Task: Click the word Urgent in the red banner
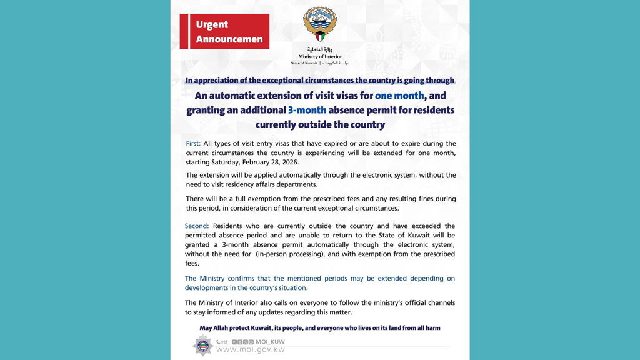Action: [x=212, y=25]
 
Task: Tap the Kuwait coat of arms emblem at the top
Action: [x=320, y=24]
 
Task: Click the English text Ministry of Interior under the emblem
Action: [x=320, y=56]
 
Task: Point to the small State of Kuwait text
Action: [x=304, y=63]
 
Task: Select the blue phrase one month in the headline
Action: [x=399, y=96]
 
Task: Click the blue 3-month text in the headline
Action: [x=307, y=110]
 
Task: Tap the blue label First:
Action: [x=193, y=144]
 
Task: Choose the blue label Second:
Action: [x=197, y=226]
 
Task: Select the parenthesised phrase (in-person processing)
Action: [x=292, y=254]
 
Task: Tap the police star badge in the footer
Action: [x=203, y=345]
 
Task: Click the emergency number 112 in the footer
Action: [x=222, y=342]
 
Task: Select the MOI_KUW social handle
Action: [x=270, y=342]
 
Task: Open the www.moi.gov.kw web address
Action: [x=250, y=350]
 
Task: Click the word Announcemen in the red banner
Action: [x=229, y=39]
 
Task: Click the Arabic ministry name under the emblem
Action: [x=320, y=49]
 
